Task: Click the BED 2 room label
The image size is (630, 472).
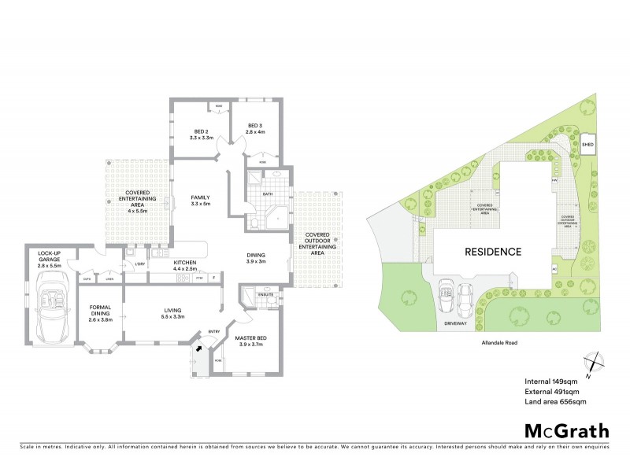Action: (x=201, y=131)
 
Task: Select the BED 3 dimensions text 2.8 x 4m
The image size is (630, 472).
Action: (x=254, y=131)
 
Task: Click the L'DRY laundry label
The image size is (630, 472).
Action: (x=139, y=264)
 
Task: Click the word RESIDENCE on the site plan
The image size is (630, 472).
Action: (x=493, y=253)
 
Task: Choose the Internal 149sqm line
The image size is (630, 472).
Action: (x=550, y=381)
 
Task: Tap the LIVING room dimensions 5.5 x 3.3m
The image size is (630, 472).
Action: (x=168, y=316)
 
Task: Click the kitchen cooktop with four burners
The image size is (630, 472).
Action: (x=183, y=278)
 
